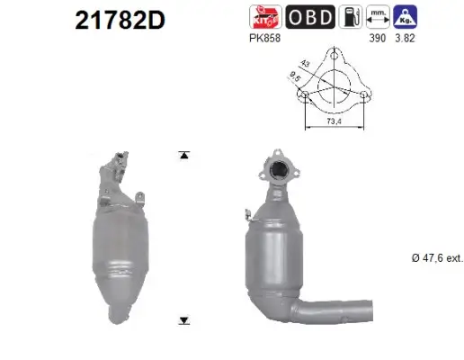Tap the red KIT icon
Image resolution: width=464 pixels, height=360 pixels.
pyautogui.click(x=265, y=16)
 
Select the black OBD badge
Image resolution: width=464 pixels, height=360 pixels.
pyautogui.click(x=310, y=16)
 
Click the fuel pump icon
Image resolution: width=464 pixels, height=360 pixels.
pyautogui.click(x=353, y=16)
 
